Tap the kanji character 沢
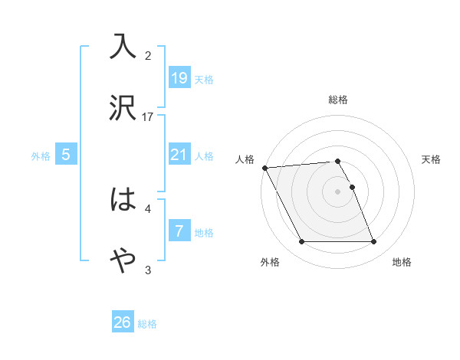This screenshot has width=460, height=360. [123, 109]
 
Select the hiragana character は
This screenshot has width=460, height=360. [123, 200]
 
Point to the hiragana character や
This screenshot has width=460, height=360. [123, 261]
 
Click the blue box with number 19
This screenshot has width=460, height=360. [179, 77]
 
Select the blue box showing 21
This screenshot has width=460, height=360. [179, 154]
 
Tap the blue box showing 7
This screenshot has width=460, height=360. [179, 231]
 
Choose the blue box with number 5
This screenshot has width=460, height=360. [66, 155]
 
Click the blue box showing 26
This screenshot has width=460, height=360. [123, 322]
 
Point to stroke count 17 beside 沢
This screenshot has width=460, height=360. [149, 116]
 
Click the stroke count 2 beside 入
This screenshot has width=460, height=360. [149, 55]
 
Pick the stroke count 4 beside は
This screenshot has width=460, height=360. [149, 208]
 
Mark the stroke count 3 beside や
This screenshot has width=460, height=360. [149, 270]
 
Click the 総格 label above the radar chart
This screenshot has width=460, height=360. [338, 100]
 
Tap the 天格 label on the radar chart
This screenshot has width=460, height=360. [432, 159]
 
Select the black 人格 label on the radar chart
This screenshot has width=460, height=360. [245, 159]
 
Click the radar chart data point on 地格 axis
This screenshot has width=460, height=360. [373, 242]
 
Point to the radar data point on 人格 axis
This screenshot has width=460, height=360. [264, 168]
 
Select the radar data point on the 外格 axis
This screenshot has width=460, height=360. [301, 242]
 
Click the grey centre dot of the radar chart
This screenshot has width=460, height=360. [338, 191]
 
